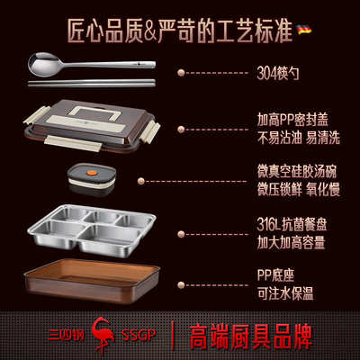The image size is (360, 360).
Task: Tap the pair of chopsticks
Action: (x=91, y=84)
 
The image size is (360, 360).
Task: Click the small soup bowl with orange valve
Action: (x=91, y=178)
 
